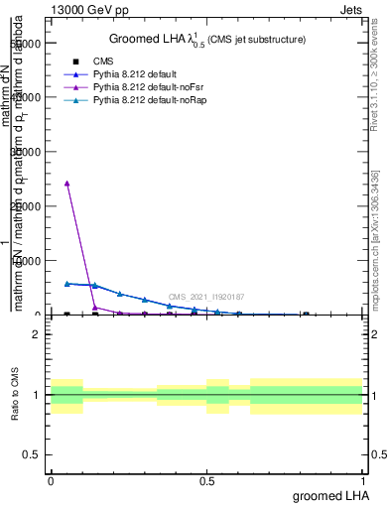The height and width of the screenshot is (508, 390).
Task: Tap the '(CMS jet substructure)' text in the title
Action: click(x=254, y=40)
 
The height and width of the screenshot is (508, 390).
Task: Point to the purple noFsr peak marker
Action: click(x=66, y=184)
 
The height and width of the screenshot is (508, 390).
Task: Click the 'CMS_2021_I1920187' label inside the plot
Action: click(x=205, y=297)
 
